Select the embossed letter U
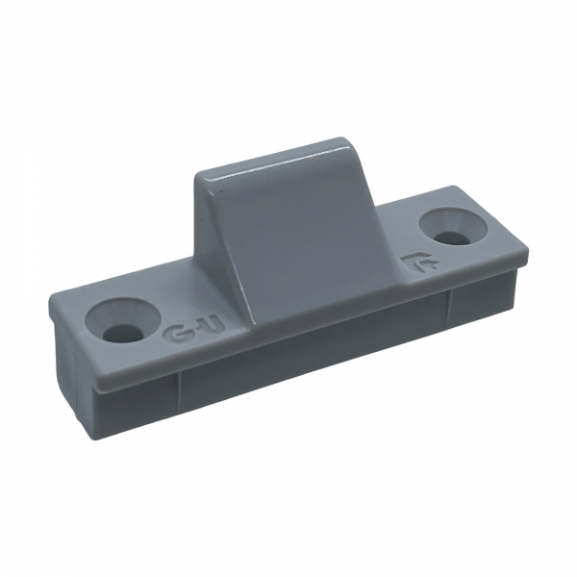[211, 325]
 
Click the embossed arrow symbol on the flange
[420, 261]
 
